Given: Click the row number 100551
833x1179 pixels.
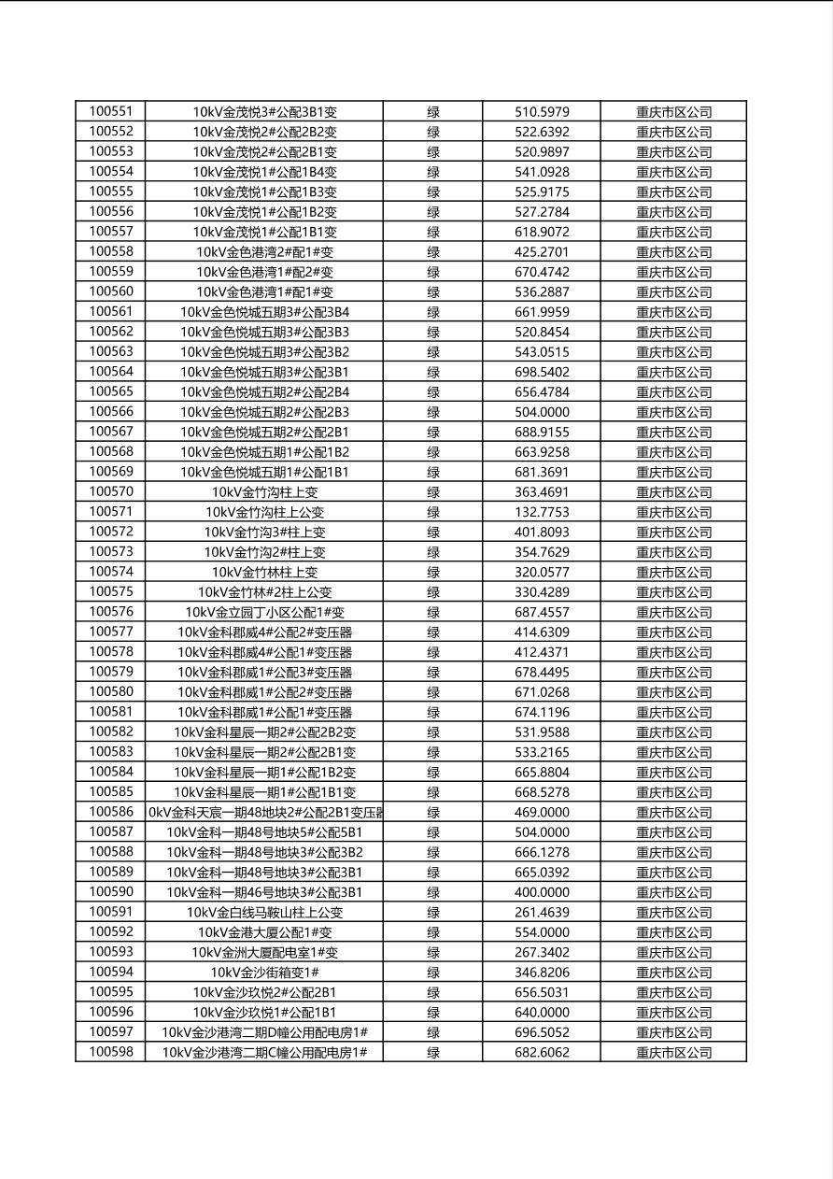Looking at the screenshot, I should [111, 111].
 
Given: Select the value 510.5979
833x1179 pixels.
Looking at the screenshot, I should [542, 112].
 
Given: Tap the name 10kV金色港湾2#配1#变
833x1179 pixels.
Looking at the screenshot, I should [264, 252].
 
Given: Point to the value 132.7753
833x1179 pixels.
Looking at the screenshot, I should [542, 512].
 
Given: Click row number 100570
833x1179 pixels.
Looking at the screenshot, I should [111, 491].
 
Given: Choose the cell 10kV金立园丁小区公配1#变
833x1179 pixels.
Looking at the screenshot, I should [264, 612].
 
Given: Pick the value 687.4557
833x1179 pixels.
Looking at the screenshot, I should [542, 612].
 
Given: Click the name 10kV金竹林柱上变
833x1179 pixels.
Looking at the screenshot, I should [264, 572].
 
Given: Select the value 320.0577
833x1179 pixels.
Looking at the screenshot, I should [542, 572].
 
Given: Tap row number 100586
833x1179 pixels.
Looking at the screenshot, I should [111, 812].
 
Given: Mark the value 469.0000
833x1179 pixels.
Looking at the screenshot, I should [542, 813].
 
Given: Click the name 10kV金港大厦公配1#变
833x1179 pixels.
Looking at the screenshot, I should [264, 932].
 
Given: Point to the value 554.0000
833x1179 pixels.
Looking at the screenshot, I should [542, 932].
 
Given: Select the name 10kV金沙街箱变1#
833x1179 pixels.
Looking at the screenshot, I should [264, 973].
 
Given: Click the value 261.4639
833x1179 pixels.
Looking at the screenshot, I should [542, 913].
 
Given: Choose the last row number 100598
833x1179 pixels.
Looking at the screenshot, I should [111, 1052].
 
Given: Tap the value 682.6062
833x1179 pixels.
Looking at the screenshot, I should [542, 1053].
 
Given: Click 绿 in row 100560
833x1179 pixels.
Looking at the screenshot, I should [433, 292].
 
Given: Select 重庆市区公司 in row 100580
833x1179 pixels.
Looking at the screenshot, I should [673, 692].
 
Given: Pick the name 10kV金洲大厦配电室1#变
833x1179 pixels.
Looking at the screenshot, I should [264, 953].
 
